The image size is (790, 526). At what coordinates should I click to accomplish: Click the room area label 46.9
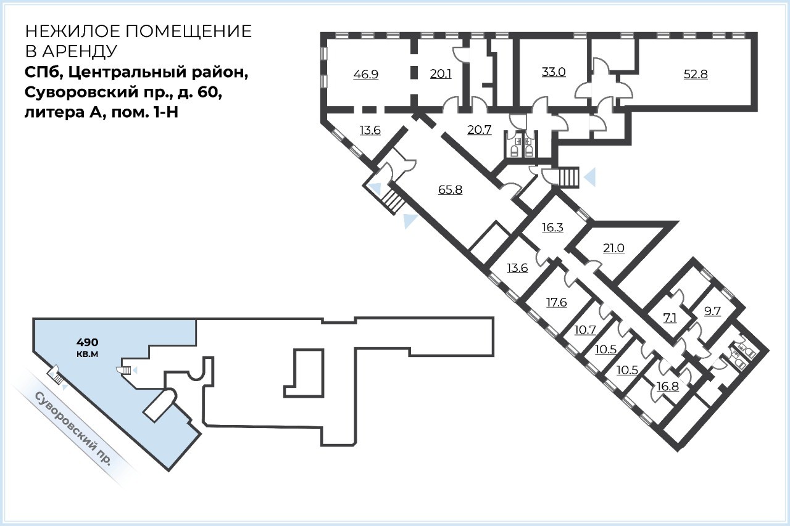pyautogui.click(x=366, y=75)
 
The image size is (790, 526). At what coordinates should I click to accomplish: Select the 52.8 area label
pyautogui.click(x=696, y=75)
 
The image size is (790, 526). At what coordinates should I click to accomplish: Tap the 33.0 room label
pyautogui.click(x=554, y=72)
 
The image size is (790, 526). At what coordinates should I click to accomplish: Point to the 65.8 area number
pyautogui.click(x=450, y=190)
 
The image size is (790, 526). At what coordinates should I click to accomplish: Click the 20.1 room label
pyautogui.click(x=441, y=74)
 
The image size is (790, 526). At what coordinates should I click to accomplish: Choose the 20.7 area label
pyautogui.click(x=480, y=130)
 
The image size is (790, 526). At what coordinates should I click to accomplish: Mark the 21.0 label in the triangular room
pyautogui.click(x=613, y=248)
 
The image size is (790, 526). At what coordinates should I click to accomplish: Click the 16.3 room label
pyautogui.click(x=552, y=228)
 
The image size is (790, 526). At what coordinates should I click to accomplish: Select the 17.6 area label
pyautogui.click(x=557, y=302)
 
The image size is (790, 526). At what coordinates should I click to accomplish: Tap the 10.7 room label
pyautogui.click(x=585, y=330)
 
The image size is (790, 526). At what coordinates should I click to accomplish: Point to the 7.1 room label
pyautogui.click(x=670, y=318)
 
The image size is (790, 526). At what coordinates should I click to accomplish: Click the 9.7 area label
pyautogui.click(x=712, y=311)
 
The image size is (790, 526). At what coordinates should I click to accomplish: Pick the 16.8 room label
pyautogui.click(x=668, y=387)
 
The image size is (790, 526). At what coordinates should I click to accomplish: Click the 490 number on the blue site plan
pyautogui.click(x=88, y=342)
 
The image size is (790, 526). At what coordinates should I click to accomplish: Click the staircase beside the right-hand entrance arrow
pyautogui.click(x=569, y=178)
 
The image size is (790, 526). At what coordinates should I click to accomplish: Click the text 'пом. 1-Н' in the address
pyautogui.click(x=144, y=113)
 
